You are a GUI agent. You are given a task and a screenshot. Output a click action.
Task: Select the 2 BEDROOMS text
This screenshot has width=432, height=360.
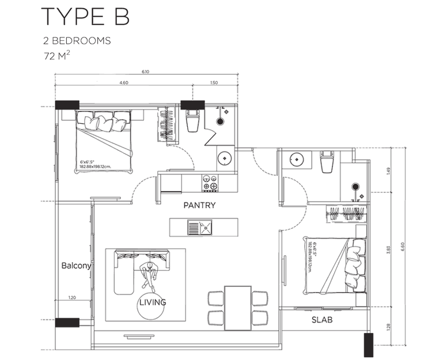(77, 41)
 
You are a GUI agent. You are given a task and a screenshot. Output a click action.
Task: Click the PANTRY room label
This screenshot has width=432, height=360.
(199, 205)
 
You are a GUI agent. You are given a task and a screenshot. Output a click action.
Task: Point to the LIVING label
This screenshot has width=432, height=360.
(152, 302)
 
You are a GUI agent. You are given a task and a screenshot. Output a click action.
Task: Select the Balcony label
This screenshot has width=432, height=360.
(77, 266)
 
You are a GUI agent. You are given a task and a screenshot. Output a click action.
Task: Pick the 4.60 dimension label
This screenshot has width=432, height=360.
(123, 83)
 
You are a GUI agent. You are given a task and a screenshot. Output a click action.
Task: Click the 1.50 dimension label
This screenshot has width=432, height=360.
(214, 83)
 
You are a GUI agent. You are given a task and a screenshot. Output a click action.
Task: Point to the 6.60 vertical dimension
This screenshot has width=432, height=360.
(403, 245)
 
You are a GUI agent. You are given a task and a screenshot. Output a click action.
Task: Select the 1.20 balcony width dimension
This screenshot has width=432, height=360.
(71, 298)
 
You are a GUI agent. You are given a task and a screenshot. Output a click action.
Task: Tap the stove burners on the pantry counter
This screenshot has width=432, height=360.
(210, 183)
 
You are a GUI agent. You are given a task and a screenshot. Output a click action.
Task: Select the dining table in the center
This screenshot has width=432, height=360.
(237, 308)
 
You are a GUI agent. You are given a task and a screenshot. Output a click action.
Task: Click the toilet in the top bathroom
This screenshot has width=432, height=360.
(193, 121)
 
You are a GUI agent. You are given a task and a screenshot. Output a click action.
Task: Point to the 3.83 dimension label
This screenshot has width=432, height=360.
(389, 249)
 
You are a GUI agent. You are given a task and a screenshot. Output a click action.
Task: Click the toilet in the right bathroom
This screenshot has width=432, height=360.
(327, 163)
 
